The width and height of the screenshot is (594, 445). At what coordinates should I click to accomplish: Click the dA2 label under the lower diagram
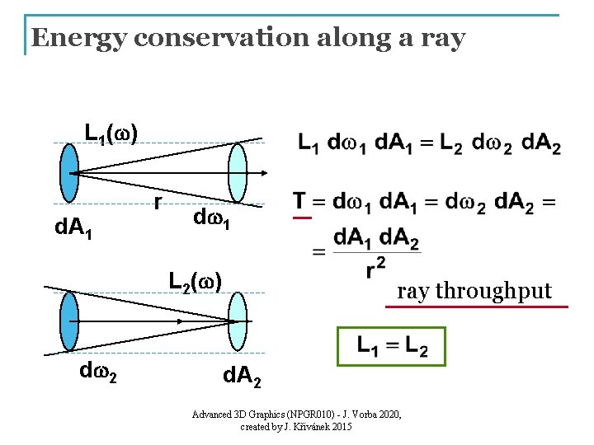(x=243, y=378)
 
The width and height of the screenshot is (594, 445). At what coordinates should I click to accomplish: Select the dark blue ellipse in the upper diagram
(x=69, y=172)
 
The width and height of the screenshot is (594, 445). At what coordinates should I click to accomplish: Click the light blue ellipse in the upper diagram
(x=237, y=172)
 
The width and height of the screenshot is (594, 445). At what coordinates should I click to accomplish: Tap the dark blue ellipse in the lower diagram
(x=69, y=321)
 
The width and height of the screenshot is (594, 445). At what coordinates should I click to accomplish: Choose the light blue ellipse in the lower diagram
(x=238, y=321)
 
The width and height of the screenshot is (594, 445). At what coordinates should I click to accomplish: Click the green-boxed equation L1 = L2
(x=392, y=346)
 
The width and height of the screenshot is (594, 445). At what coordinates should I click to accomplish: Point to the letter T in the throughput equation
(x=299, y=201)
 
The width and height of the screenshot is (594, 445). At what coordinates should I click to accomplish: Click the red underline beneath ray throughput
(x=477, y=307)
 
